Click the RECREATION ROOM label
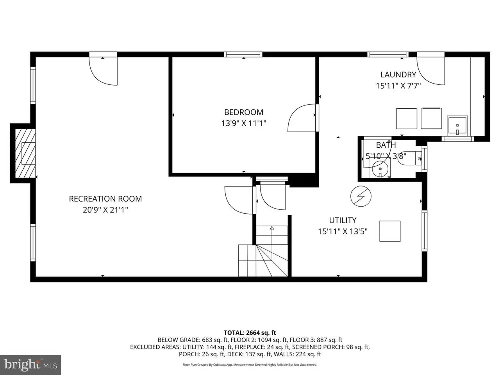(105, 199)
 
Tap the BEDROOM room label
(244, 112)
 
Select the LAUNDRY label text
(398, 75)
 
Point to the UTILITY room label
(343, 220)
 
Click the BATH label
(386, 145)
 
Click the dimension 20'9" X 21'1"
(105, 210)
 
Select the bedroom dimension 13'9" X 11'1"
(244, 123)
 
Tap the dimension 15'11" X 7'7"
(398, 86)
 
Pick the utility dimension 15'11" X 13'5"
(343, 231)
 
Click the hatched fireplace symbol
(25, 153)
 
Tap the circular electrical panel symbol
(361, 196)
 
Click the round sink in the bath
(380, 168)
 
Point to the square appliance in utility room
(390, 231)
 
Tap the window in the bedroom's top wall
(243, 54)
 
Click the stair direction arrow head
(272, 228)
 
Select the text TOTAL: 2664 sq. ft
(250, 333)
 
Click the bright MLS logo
(30, 365)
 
